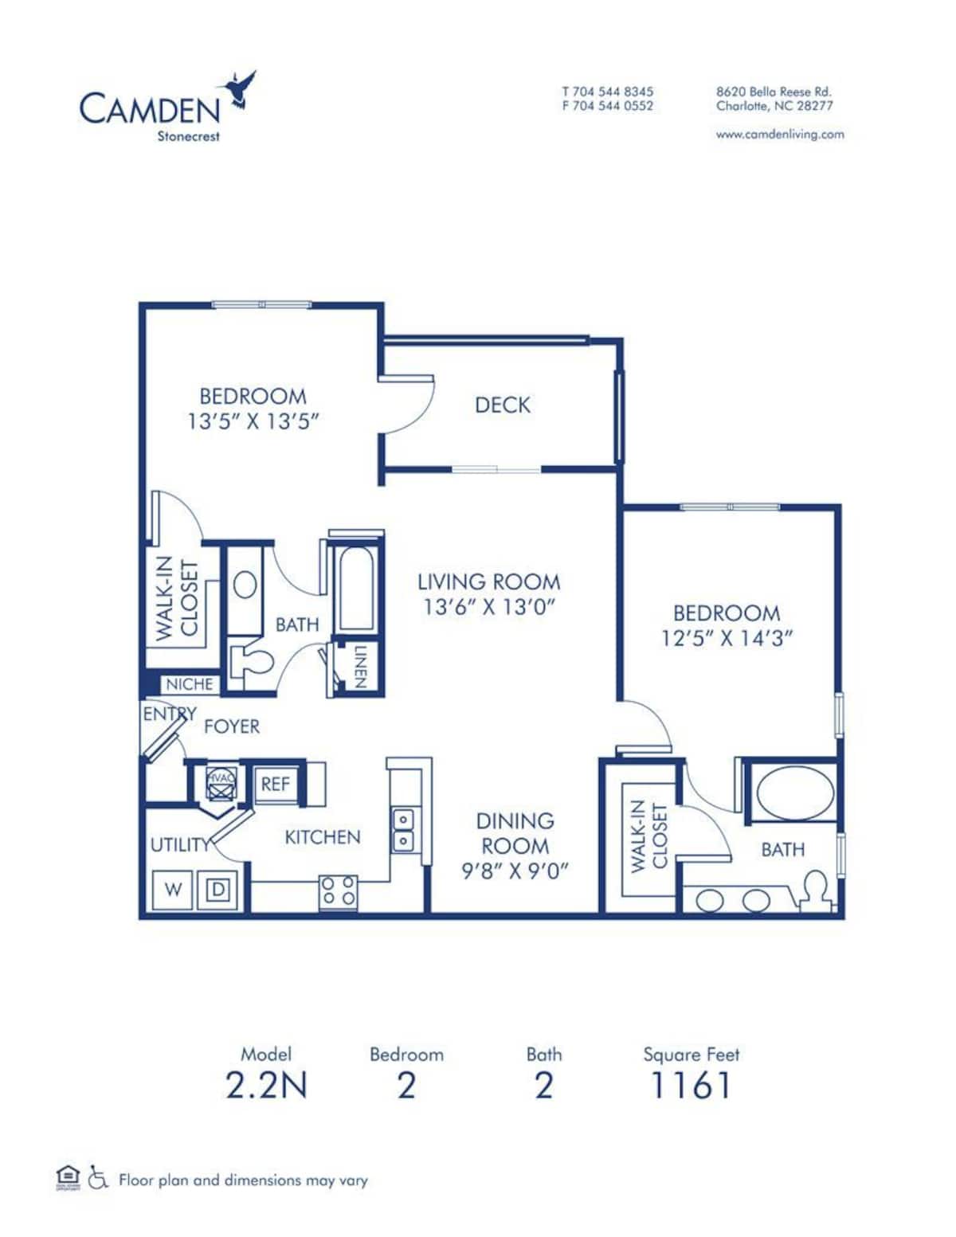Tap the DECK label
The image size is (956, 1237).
[x=502, y=405]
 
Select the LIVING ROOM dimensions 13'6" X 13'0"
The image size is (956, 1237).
[x=488, y=607]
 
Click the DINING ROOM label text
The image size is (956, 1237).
[x=514, y=833]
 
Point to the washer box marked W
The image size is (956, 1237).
[x=173, y=890]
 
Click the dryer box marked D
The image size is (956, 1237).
[x=217, y=890]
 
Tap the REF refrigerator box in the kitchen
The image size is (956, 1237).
[x=276, y=784]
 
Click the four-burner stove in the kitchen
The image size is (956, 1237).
[x=338, y=891]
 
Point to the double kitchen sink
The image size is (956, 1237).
[x=404, y=829]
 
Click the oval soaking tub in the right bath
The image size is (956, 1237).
[x=794, y=793]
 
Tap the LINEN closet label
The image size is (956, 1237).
[x=358, y=667]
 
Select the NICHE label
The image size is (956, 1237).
[x=189, y=683]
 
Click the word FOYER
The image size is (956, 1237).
[x=232, y=726]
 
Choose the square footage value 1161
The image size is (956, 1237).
[x=690, y=1085]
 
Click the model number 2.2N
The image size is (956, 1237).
[x=266, y=1085]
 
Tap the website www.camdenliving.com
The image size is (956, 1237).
[x=779, y=135]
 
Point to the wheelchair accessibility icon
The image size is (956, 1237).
[x=98, y=1177]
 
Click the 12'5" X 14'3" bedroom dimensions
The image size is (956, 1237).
[x=726, y=638]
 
